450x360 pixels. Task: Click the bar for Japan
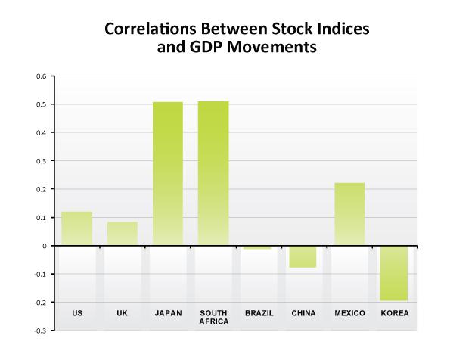click(x=168, y=173)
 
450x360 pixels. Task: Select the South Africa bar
click(x=213, y=173)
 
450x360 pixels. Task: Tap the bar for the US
click(x=77, y=228)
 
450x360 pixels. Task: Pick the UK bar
click(x=123, y=234)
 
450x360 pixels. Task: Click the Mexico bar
click(x=349, y=214)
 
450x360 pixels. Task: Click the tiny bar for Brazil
click(x=259, y=247)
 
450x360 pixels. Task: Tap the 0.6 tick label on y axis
click(x=42, y=76)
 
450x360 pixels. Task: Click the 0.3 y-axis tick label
click(x=42, y=161)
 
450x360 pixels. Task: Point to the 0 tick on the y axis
click(x=45, y=246)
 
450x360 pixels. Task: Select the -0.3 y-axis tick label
click(x=41, y=331)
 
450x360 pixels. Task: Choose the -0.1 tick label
click(x=41, y=274)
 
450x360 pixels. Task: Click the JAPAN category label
click(x=168, y=313)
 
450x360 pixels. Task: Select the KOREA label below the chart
click(x=395, y=313)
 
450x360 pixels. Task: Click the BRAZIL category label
click(x=259, y=313)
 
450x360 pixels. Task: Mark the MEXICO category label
click(x=349, y=313)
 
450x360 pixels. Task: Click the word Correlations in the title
click(x=147, y=30)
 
